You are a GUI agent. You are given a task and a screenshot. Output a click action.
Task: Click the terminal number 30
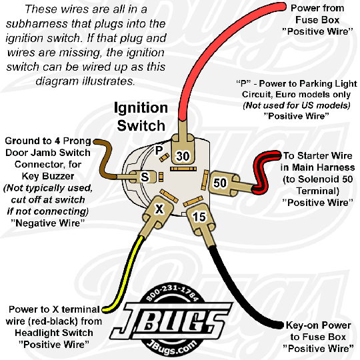183,156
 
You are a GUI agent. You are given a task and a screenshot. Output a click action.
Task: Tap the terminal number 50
220,183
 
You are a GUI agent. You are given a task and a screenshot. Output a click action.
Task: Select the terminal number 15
199,217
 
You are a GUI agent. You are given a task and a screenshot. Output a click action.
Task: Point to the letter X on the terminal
159,209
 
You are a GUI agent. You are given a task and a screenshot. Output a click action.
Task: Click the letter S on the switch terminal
145,177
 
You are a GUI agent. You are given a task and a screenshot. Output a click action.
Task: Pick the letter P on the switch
159,151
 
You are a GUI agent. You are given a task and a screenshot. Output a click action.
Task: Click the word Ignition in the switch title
141,108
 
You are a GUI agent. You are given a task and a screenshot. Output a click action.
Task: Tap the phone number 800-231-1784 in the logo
172,293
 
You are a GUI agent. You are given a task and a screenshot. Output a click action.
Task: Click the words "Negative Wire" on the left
48,223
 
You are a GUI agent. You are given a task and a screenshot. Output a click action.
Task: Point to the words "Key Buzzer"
48,176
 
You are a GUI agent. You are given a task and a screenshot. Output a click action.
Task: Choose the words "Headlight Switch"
54,333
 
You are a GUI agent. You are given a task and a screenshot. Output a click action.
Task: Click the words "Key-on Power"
318,325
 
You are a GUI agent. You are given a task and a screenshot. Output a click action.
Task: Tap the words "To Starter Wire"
318,155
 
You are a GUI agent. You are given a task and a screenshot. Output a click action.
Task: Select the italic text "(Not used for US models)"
297,105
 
